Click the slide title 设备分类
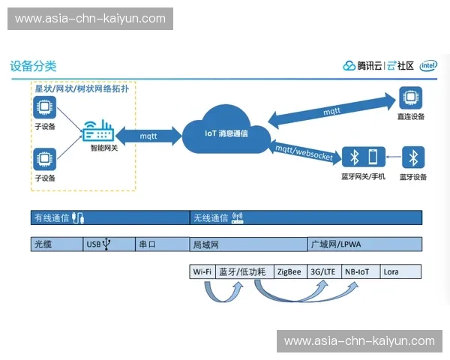(33, 66)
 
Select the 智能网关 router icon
(98, 132)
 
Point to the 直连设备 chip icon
(410, 98)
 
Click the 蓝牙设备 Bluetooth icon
(412, 157)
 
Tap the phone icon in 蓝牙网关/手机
(373, 157)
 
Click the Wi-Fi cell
(202, 271)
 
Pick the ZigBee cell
(289, 271)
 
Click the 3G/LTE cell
(323, 271)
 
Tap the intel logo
(429, 66)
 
